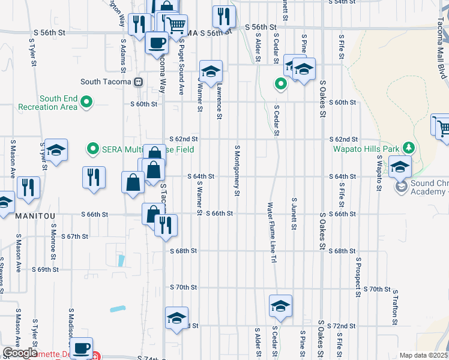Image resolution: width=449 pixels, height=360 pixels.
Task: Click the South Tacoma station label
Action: click(x=106, y=82)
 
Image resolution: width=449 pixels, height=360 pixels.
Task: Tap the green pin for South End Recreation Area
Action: click(x=86, y=103)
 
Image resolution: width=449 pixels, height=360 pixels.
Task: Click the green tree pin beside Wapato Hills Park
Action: click(x=409, y=147)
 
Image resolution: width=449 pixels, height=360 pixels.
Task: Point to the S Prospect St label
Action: click(x=358, y=278)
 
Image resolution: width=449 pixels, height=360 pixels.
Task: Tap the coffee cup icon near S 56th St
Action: click(x=157, y=43)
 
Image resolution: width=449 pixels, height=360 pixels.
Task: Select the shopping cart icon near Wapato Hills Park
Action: click(x=442, y=127)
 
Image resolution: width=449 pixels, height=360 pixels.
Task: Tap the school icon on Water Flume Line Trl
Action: click(x=280, y=306)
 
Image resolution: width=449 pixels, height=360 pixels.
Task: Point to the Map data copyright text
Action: click(x=423, y=355)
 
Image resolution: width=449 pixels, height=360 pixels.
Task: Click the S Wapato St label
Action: click(x=379, y=175)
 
